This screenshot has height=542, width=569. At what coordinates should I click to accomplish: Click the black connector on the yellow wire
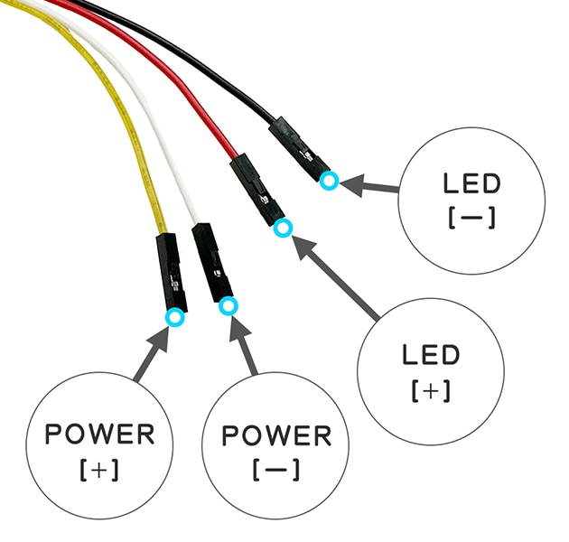pos(170,271)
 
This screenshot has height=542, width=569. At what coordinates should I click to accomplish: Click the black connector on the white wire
pos(214,261)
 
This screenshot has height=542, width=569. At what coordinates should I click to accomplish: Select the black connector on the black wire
pos(298,149)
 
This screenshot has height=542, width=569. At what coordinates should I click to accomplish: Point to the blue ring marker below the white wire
pos(229,307)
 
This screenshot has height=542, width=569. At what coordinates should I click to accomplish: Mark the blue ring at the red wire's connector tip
pos(283,229)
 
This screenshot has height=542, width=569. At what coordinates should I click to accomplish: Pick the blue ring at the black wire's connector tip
pos(330,181)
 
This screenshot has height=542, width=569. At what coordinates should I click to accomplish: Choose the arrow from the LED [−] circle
pos(370,187)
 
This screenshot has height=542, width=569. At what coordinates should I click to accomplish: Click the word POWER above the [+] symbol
pos(100,434)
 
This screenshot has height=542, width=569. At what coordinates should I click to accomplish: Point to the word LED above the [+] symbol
pos(431,354)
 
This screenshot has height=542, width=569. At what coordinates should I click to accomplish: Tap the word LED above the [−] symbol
pos(471,183)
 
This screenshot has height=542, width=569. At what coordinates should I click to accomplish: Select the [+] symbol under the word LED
pos(431,390)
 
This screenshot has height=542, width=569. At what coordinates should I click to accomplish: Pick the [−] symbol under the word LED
pos(471,219)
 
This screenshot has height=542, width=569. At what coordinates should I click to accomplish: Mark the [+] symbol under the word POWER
pos(100,470)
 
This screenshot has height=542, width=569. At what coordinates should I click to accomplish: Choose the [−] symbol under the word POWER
pos(276,471)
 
